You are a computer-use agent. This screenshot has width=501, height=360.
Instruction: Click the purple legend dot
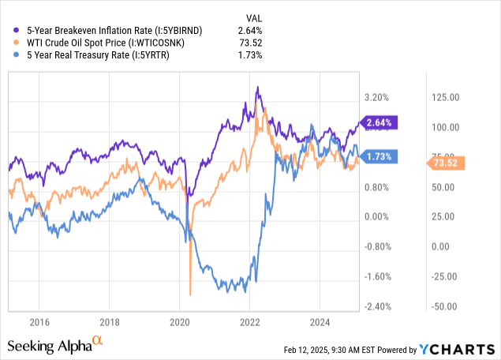[x=10, y=30]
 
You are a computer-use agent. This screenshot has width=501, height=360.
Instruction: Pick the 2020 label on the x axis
[x=180, y=322]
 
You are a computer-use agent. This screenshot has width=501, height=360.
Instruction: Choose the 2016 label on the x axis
[x=39, y=322]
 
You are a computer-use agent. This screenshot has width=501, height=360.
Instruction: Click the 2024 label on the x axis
[x=320, y=322]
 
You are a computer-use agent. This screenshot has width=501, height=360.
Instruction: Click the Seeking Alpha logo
[x=55, y=346]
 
